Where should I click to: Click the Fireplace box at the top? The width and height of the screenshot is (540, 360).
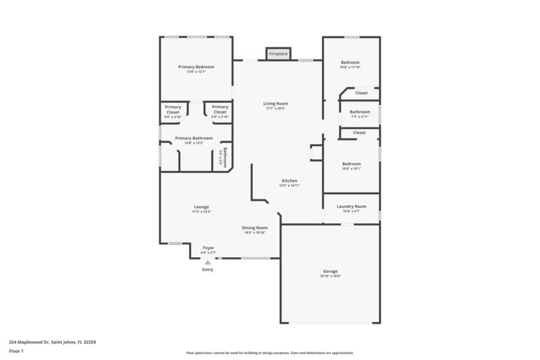tap(278, 53)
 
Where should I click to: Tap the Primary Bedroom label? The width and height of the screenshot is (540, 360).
tap(196, 67)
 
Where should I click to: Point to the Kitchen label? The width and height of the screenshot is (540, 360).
tap(290, 180)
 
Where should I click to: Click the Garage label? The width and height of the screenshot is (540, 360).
tap(330, 271)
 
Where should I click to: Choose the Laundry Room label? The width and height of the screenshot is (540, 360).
tap(351, 206)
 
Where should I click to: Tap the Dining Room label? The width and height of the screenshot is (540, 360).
tap(255, 228)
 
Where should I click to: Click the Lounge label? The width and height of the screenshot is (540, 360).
tap(201, 207)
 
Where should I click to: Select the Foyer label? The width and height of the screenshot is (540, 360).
tap(209, 248)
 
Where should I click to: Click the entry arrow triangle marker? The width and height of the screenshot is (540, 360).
tap(208, 260)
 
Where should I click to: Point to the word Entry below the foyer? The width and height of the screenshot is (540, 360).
tap(208, 269)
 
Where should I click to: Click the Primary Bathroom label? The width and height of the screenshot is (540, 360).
tap(194, 138)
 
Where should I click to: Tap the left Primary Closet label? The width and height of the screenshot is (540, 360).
tap(173, 107)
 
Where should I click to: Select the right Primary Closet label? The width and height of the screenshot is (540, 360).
tap(220, 107)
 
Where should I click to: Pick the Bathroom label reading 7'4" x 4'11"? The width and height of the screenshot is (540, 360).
tap(360, 116)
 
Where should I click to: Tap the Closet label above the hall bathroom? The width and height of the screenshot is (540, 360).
tap(361, 93)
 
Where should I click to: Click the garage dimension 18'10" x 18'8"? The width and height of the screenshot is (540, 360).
tap(330, 276)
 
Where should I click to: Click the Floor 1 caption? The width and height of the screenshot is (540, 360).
tap(16, 351)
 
